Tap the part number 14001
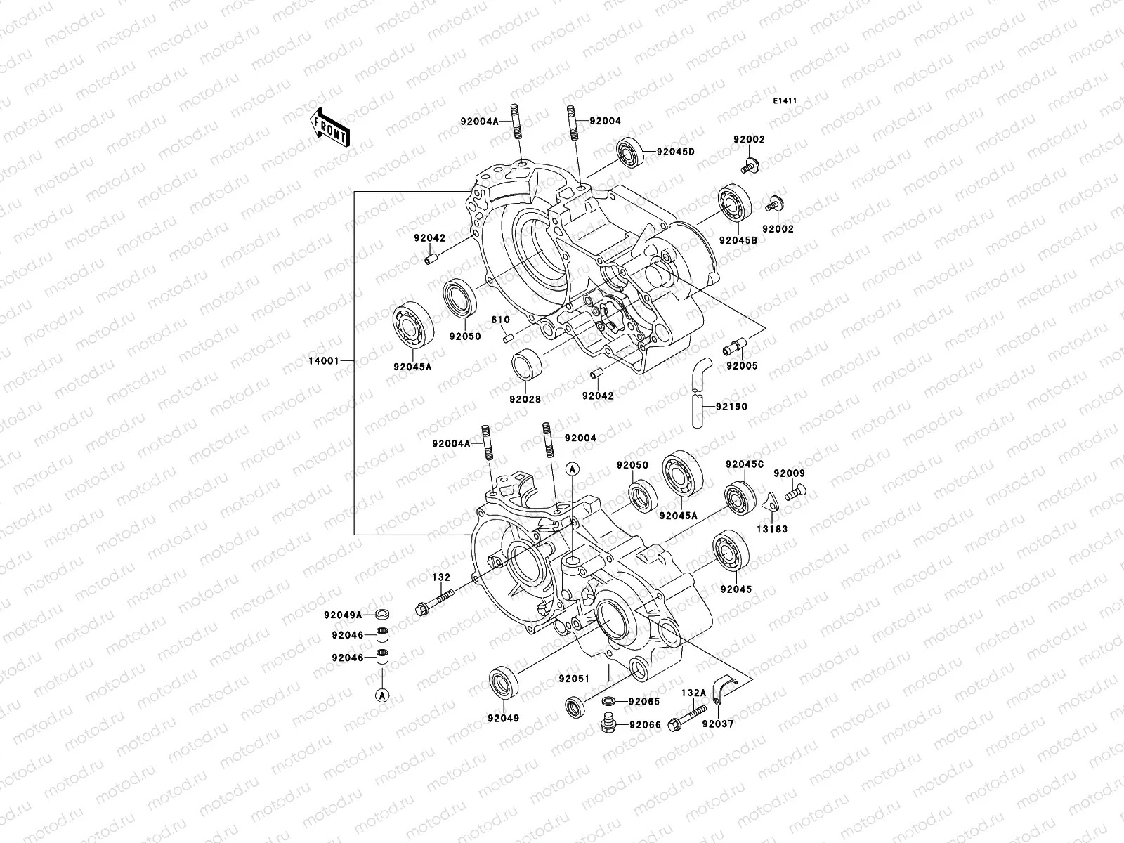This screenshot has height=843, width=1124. tap(324, 361)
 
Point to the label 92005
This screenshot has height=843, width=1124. tap(742, 366)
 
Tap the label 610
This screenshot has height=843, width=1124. tap(500, 320)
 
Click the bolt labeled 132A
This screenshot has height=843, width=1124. tap(686, 719)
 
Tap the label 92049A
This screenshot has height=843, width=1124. tap(343, 615)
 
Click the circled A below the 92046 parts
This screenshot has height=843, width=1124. tap(381, 695)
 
